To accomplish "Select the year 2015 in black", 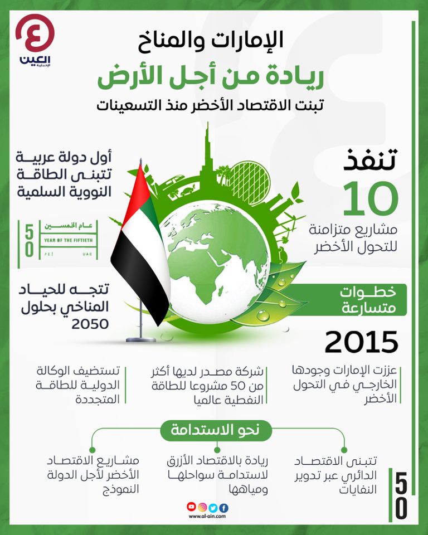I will pos(361,342).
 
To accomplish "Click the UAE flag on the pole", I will pos(139,245).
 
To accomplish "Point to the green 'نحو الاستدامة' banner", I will pos(214,430).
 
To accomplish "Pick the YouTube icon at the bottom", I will pos(192,507).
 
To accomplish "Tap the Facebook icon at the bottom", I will pos(223,507).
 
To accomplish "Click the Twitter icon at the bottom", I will pos(213,507).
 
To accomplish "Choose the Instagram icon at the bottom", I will pos(202,507).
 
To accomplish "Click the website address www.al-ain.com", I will pos(207,517).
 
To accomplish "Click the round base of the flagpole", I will pos(141,339).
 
